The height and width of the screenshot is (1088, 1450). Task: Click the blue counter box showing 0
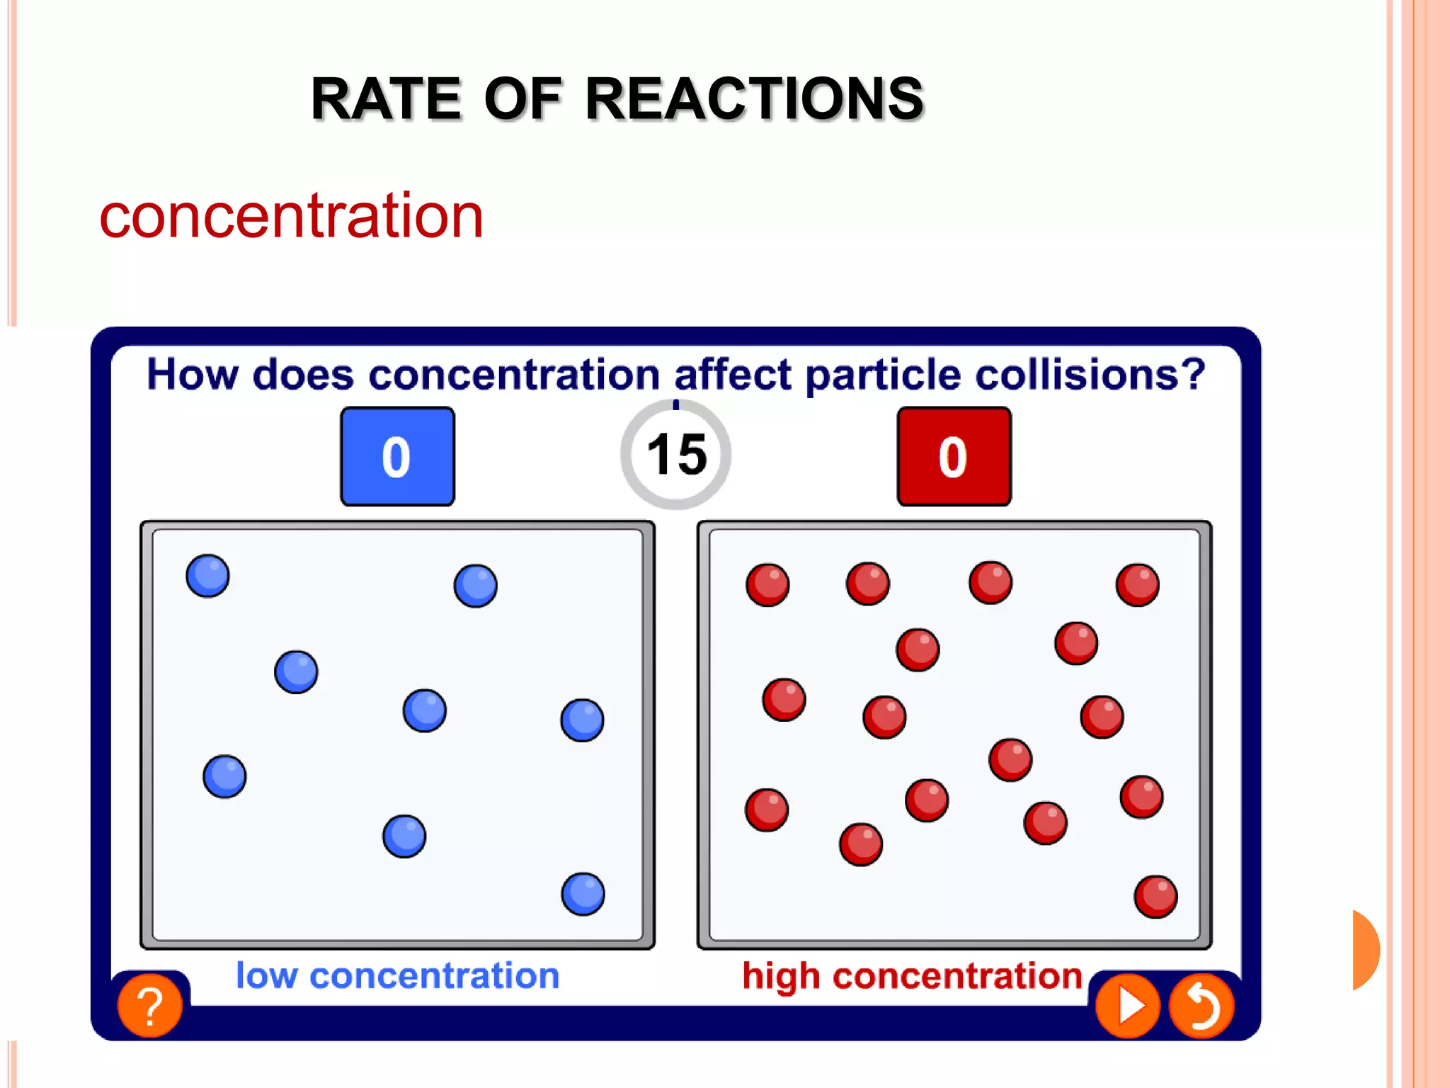tap(397, 456)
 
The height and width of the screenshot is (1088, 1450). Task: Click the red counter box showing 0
tap(954, 456)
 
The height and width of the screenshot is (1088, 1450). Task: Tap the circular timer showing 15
tap(676, 454)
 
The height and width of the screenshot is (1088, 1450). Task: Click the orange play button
tap(1127, 1005)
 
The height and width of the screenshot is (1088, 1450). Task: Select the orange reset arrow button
tap(1201, 1005)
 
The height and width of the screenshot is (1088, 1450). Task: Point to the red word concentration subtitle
tap(291, 215)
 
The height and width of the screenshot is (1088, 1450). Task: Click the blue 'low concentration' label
tap(397, 975)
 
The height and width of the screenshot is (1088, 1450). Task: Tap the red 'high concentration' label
tap(912, 975)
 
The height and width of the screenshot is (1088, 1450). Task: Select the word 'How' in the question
tap(192, 374)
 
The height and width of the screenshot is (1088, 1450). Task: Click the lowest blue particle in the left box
tap(583, 894)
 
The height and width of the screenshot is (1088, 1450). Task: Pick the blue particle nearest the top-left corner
tap(207, 576)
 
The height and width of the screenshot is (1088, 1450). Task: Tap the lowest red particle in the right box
tap(1155, 897)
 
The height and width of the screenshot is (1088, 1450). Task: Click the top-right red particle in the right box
tap(1137, 585)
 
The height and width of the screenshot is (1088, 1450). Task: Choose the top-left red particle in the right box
tap(767, 585)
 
